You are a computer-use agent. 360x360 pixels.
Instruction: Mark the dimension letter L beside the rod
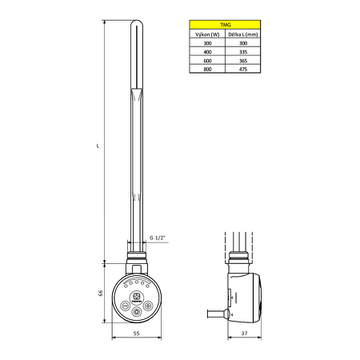pos(96,146)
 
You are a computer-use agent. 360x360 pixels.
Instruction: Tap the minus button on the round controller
pos(126,306)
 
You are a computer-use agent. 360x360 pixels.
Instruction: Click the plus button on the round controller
pos(149,306)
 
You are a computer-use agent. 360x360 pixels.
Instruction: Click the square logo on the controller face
pos(138,297)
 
